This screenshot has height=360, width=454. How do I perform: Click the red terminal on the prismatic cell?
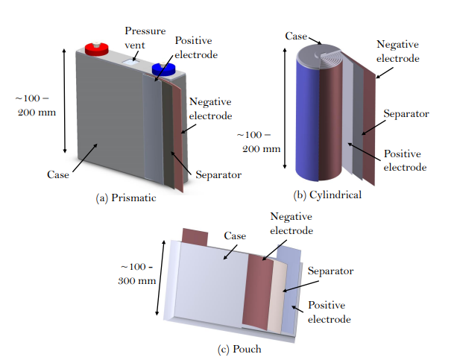pyautogui.click(x=97, y=48)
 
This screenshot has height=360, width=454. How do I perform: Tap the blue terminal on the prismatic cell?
pyautogui.click(x=162, y=70)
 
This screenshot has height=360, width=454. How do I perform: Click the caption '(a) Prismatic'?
pyautogui.click(x=127, y=199)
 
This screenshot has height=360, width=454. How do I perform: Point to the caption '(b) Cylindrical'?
pyautogui.click(x=328, y=195)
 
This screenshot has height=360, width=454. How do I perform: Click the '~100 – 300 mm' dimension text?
pyautogui.click(x=138, y=274)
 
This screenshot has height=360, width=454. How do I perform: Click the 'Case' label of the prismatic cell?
pyautogui.click(x=57, y=174)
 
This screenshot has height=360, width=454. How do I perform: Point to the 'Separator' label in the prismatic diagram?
pyautogui.click(x=216, y=176)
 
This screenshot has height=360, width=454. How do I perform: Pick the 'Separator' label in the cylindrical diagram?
pyautogui.click(x=406, y=114)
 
